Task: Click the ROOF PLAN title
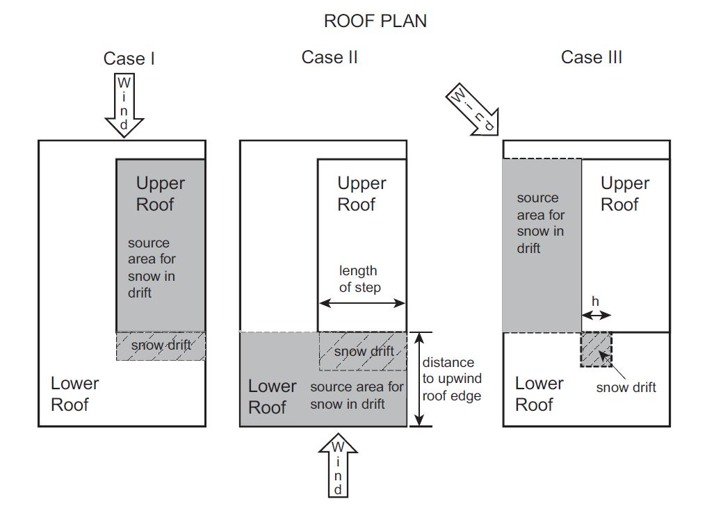coord(375,21)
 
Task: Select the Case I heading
coord(129,58)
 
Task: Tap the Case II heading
coord(330,57)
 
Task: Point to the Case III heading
coord(592,57)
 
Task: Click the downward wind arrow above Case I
coord(124,105)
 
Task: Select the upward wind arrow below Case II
coord(338,466)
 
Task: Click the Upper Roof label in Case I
coord(160,193)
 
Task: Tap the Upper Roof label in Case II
coord(361,193)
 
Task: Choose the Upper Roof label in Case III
coord(625,193)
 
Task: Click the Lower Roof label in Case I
coord(74,394)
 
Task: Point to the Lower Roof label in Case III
coord(539,394)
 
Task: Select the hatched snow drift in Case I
coord(161,346)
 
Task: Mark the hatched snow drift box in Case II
coord(363,351)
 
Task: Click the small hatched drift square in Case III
coord(596,350)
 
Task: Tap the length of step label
coord(360,279)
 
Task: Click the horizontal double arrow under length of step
coord(362,303)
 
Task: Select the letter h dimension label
coord(595,301)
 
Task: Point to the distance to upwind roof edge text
coord(452,379)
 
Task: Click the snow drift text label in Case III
coord(626,387)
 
